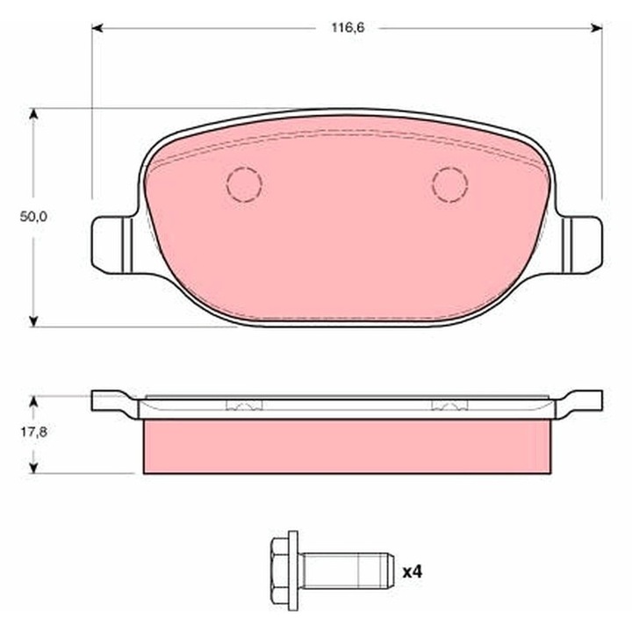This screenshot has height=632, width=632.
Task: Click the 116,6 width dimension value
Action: point(348,28)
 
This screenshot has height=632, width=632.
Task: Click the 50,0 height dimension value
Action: point(33,217)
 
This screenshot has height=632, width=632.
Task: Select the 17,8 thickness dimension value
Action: point(34,432)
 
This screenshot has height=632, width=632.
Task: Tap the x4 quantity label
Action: point(413,571)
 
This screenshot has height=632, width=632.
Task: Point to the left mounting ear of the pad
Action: point(113,245)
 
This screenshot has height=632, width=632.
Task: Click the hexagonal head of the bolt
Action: point(281,571)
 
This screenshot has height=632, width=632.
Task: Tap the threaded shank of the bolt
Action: point(348,571)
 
